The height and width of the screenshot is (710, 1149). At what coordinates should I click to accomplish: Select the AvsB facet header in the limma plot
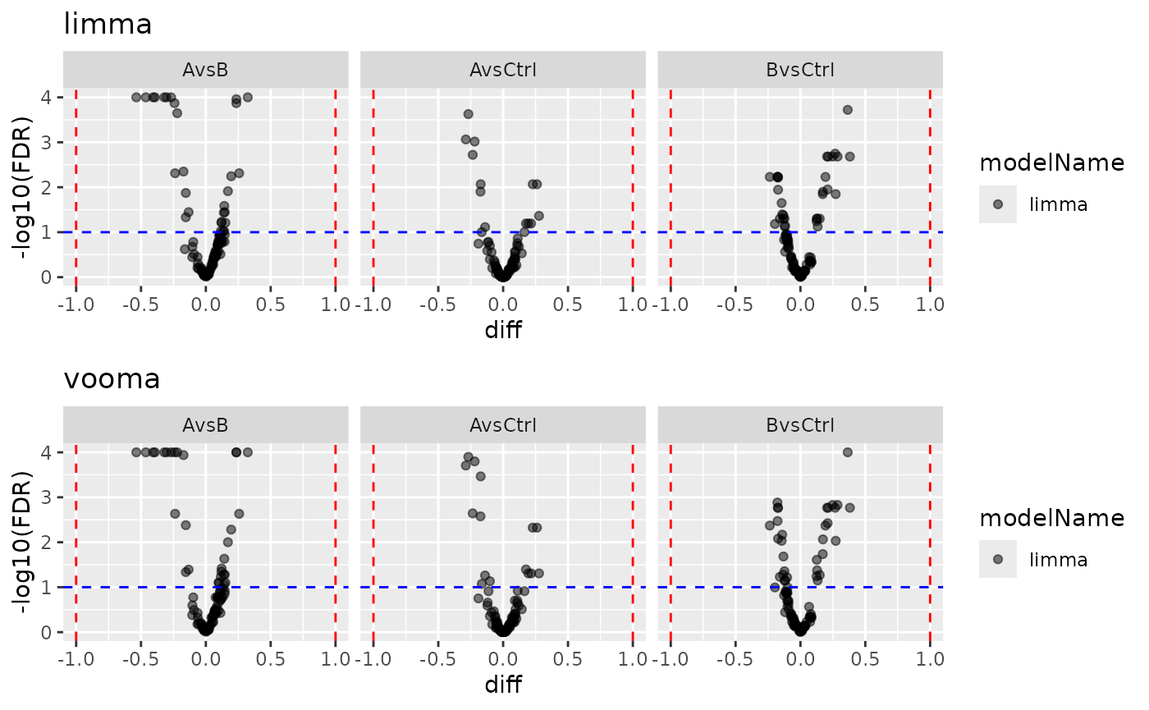point(205,70)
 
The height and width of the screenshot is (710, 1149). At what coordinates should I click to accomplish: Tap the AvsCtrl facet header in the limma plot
point(502,70)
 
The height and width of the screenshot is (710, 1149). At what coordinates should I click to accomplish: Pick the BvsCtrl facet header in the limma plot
point(799,70)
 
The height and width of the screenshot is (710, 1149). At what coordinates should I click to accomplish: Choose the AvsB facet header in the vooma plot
point(205,425)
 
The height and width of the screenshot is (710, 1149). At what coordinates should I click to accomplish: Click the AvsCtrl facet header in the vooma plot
point(502,425)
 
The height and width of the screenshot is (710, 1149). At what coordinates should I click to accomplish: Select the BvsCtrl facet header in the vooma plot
point(799,425)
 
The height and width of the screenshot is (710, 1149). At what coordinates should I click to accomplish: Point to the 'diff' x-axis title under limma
point(503,330)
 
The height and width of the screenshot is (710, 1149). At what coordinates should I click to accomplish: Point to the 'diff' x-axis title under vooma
point(503,685)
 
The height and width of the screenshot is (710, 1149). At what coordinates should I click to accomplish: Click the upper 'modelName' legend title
point(1051,164)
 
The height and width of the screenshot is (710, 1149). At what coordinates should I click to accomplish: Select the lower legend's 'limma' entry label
point(1058,560)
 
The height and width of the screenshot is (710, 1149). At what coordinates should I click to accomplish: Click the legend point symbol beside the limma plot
point(998,204)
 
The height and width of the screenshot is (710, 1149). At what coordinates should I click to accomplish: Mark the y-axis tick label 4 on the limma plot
point(47,97)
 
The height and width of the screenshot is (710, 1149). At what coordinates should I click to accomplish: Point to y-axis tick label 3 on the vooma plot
point(47,497)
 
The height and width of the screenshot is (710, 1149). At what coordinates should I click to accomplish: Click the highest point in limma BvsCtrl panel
point(848,110)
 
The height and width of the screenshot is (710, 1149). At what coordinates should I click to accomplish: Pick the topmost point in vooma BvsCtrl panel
point(848,452)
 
